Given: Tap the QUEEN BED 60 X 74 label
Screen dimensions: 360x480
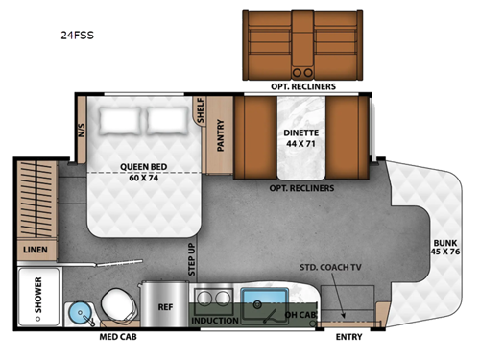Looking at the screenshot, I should (144, 170).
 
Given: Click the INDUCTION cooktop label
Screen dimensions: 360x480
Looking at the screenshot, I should (215, 320).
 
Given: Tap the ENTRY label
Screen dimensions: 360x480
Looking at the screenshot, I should (348, 337).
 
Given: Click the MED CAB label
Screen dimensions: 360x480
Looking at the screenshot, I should (117, 337).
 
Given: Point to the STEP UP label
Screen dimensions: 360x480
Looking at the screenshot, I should (191, 257).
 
